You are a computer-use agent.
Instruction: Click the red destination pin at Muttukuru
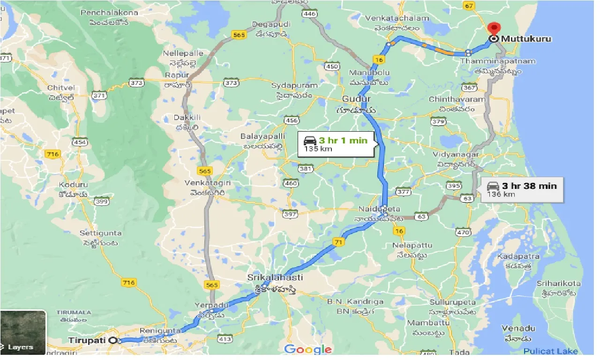tap(493, 29)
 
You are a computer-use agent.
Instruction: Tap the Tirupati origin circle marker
tap(112, 340)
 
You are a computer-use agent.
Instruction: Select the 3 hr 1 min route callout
tap(337, 144)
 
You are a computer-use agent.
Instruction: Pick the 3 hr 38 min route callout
tap(522, 189)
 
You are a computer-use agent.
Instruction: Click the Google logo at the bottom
tap(308, 349)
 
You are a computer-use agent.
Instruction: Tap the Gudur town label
tap(356, 99)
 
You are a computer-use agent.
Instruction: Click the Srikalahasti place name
tap(275, 277)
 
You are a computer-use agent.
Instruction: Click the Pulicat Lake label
tap(550, 351)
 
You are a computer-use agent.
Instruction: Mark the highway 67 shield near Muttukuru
tap(468, 6)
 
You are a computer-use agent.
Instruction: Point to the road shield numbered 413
tap(225, 338)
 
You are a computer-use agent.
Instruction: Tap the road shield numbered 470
tap(463, 232)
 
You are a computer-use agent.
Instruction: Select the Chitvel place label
tap(58, 88)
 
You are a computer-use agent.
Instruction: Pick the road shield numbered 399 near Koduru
tap(102, 201)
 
